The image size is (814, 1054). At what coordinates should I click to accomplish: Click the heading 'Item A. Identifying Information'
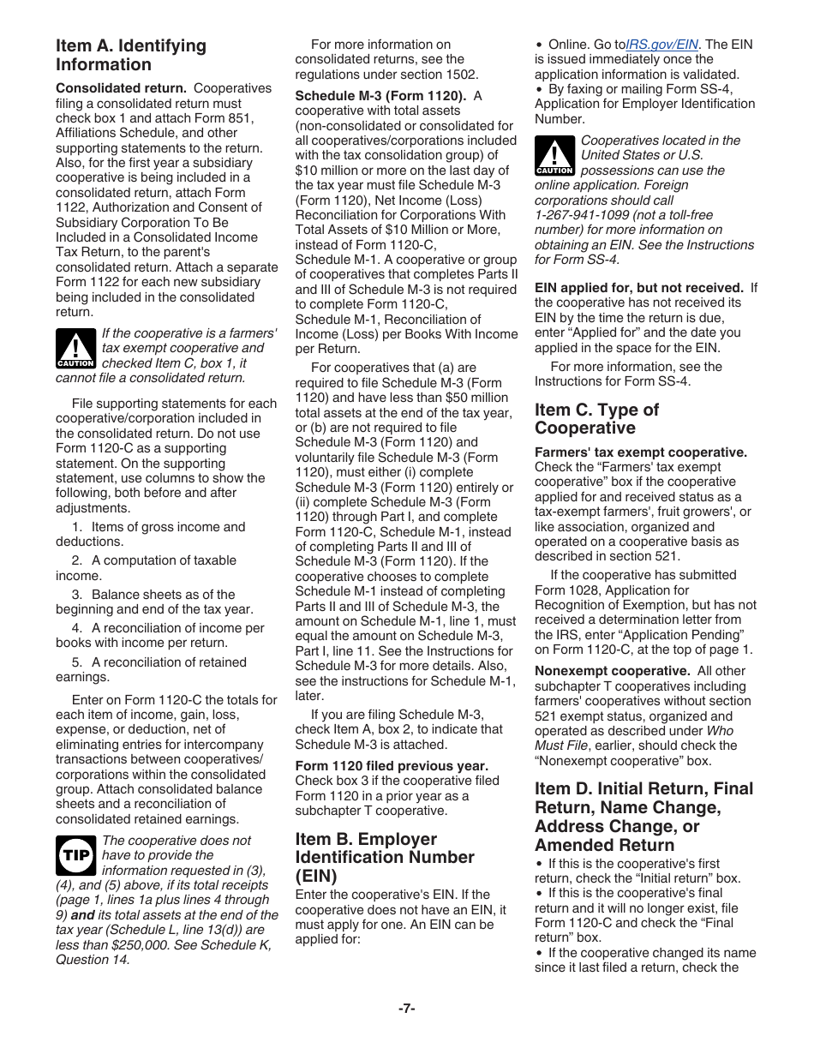pos(131,55)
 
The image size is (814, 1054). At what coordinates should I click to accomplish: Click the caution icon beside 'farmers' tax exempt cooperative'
pos(75,348)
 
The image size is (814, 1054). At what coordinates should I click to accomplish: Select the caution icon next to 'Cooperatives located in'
pos(554,156)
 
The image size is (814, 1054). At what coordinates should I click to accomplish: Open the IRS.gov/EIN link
pos(663,44)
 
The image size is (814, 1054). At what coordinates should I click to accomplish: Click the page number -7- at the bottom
pos(406,1009)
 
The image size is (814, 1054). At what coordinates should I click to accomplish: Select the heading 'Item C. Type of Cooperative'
pos(596,419)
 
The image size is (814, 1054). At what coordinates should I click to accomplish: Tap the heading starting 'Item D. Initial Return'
pos(643,817)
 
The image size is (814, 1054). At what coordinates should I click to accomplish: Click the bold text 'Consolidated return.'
pos(121,88)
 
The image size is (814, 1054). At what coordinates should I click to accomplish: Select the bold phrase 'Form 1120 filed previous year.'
pos(392,765)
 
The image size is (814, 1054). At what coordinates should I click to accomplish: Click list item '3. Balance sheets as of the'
pos(162,594)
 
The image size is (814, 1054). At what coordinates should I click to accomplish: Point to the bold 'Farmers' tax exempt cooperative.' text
pos(641,452)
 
